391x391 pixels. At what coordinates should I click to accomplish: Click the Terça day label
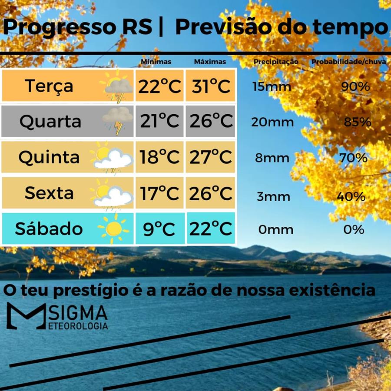point(49,86)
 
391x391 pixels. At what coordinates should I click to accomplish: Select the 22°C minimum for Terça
point(159,86)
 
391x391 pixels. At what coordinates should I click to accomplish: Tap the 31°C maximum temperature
point(211,86)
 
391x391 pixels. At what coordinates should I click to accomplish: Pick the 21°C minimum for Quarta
point(159,121)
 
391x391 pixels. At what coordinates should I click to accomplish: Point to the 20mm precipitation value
point(272,122)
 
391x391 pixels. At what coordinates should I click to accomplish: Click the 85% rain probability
point(357,122)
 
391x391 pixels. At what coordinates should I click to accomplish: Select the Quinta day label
point(49,157)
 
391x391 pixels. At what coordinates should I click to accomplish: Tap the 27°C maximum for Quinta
point(211,157)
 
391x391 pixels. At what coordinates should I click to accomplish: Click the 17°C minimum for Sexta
point(159,193)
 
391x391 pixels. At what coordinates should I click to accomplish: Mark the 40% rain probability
point(351,196)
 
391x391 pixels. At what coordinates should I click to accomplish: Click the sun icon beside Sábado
point(113,228)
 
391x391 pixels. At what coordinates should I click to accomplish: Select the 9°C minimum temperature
point(159,229)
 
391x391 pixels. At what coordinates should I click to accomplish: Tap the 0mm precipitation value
point(276,229)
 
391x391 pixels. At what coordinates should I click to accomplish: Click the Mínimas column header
point(156,62)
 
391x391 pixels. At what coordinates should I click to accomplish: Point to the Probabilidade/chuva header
point(348,62)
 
